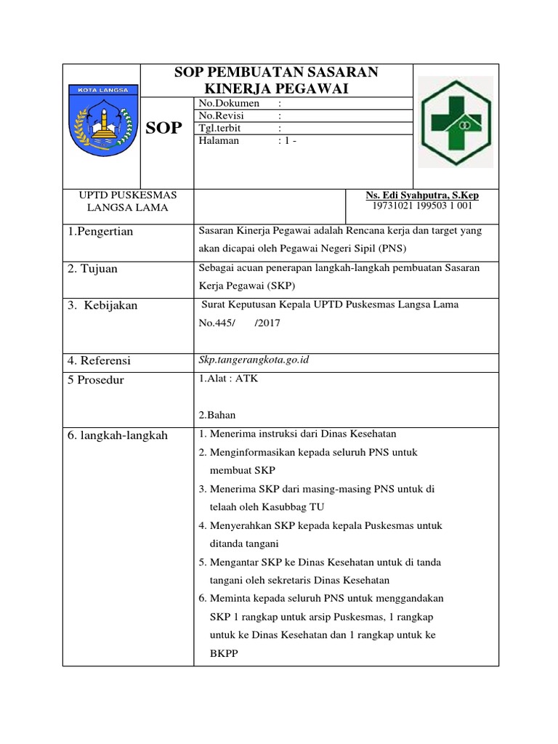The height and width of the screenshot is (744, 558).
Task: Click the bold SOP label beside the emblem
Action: click(x=163, y=129)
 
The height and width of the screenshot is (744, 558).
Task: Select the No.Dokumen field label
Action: click(x=229, y=104)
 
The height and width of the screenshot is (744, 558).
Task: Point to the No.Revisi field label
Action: click(x=224, y=116)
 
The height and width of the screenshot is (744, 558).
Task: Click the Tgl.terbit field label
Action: click(x=222, y=129)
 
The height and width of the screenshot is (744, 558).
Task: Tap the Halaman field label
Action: click(x=219, y=141)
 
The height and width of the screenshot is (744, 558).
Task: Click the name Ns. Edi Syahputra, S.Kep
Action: click(x=422, y=195)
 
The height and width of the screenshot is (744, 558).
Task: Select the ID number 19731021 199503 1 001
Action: click(x=422, y=206)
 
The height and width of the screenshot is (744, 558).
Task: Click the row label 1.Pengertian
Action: click(x=100, y=232)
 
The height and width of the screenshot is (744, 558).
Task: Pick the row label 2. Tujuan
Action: click(x=92, y=269)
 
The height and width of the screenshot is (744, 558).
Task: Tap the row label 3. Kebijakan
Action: click(x=102, y=306)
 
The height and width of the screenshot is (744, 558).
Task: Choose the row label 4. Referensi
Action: click(x=100, y=360)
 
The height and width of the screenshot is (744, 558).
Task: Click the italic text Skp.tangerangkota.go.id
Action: click(x=248, y=360)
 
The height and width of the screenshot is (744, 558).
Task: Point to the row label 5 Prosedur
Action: click(x=96, y=380)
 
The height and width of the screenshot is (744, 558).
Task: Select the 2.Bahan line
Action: click(x=217, y=415)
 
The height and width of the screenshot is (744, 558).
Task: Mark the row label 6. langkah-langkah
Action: click(x=118, y=435)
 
